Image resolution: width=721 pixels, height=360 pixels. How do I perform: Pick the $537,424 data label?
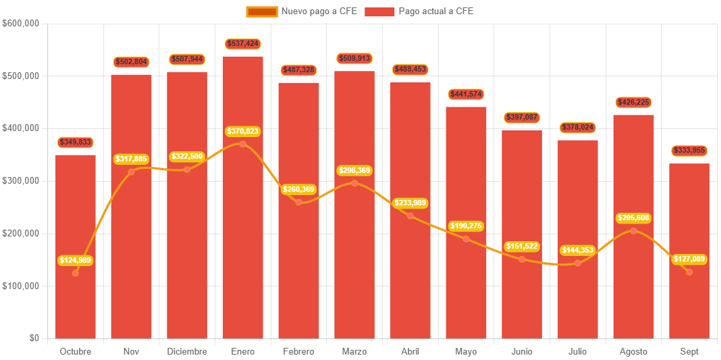click(x=242, y=44)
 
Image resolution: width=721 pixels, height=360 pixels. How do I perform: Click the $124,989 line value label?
click(x=75, y=261)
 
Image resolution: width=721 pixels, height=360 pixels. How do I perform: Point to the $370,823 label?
click(x=242, y=131)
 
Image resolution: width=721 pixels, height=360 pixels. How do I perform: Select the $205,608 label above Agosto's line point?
click(x=633, y=218)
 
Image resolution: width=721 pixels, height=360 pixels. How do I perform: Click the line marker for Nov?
click(x=131, y=172)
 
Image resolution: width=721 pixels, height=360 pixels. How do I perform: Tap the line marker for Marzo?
click(x=354, y=183)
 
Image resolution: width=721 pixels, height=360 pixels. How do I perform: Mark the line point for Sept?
click(x=689, y=272)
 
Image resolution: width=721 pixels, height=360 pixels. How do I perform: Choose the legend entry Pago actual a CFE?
click(x=419, y=11)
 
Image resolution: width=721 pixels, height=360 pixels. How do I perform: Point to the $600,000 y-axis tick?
click(x=22, y=23)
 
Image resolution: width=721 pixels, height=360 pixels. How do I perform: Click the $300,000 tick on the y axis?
click(x=22, y=181)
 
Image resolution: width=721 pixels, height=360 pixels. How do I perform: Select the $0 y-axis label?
click(x=34, y=338)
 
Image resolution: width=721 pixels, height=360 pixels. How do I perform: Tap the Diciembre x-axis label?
click(x=187, y=352)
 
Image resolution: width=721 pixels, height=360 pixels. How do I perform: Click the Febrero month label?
click(x=298, y=352)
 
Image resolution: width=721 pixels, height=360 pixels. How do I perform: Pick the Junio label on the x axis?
click(x=522, y=352)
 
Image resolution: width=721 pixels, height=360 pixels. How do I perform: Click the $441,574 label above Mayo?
click(x=466, y=94)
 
